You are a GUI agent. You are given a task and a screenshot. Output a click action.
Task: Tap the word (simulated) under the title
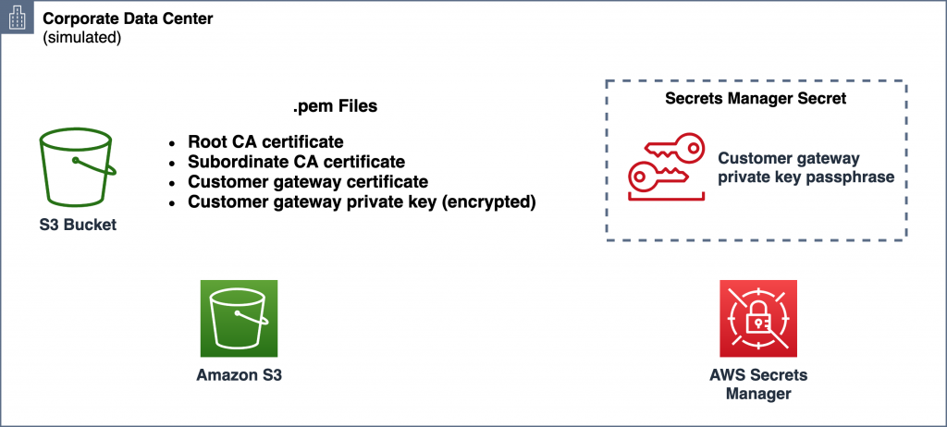pyautogui.click(x=82, y=38)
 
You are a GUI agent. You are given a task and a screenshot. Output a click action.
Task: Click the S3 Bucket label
pyautogui.click(x=78, y=224)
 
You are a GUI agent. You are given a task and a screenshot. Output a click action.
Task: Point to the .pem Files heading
pyautogui.click(x=335, y=107)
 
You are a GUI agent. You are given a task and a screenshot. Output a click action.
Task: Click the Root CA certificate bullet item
pyautogui.click(x=265, y=142)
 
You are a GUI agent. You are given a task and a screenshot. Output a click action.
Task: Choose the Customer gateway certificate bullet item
pyautogui.click(x=308, y=181)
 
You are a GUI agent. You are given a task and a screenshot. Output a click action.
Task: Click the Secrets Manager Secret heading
pyautogui.click(x=756, y=99)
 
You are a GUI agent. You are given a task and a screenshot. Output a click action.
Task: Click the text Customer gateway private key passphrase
pyautogui.click(x=806, y=167)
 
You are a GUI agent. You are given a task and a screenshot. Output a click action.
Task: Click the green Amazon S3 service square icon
pyautogui.click(x=239, y=320)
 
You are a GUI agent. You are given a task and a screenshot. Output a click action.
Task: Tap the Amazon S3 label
pyautogui.click(x=239, y=375)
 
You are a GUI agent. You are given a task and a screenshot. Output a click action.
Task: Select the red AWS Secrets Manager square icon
pyautogui.click(x=757, y=320)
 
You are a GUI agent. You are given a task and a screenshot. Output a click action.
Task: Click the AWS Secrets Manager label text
pyautogui.click(x=757, y=384)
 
